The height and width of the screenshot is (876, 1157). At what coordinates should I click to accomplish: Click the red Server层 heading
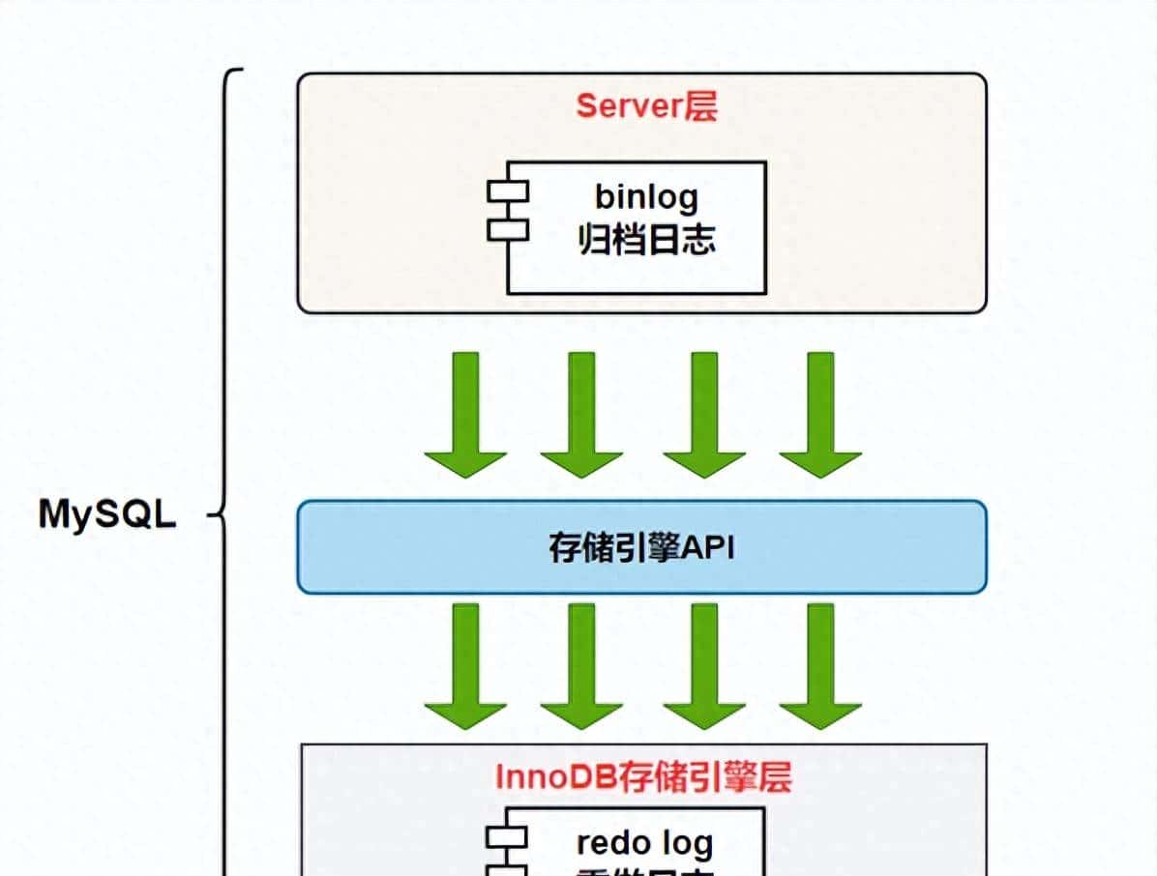tap(646, 106)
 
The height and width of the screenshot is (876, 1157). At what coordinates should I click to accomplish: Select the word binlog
tap(646, 196)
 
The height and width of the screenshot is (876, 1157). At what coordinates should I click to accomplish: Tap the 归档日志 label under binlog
tap(646, 239)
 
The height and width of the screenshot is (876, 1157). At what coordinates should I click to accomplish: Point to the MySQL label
tap(107, 514)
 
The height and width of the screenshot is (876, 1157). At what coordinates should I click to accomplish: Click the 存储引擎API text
tap(641, 548)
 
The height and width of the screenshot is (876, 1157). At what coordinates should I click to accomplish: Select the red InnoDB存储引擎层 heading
tap(643, 776)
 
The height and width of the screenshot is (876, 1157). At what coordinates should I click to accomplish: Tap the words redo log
tap(645, 842)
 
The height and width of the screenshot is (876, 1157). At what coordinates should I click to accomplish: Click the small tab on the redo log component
tap(507, 837)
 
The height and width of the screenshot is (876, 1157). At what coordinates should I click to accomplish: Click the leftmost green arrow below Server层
tap(465, 415)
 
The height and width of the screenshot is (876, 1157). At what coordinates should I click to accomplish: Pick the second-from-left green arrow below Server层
tap(581, 415)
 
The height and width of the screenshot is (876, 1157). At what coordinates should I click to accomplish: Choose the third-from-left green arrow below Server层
tap(703, 415)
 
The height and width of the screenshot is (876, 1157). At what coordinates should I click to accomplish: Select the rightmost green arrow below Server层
tap(819, 415)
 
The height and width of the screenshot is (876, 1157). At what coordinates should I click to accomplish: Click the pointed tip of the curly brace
tap(212, 514)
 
